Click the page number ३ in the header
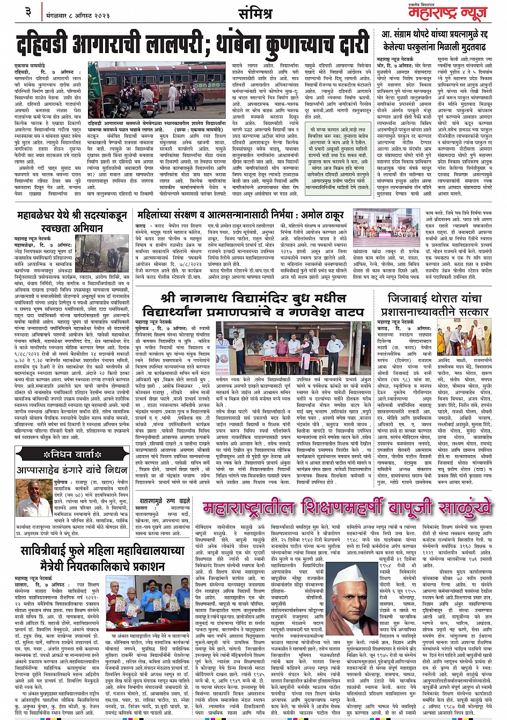[28, 11]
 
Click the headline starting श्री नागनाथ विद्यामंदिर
[252, 304]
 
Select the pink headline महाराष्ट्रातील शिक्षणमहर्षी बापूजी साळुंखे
[346, 507]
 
